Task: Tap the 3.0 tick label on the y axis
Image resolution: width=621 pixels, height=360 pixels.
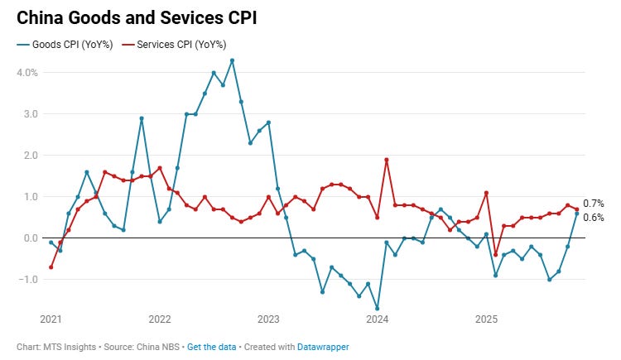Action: click(x=27, y=114)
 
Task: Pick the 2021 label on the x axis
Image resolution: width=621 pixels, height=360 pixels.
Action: click(x=51, y=319)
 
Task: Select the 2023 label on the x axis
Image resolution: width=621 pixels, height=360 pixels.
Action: click(x=268, y=319)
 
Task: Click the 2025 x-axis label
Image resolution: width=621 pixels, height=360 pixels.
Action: click(x=486, y=319)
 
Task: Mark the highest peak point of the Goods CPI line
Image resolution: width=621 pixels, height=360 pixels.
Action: click(x=232, y=60)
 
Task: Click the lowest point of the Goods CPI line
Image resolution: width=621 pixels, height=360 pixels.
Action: click(x=378, y=308)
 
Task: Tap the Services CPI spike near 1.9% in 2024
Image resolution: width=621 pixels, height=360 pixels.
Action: click(x=387, y=160)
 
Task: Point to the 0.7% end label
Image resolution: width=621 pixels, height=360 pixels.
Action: click(x=594, y=204)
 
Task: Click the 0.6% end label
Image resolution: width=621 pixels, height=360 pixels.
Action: click(x=594, y=218)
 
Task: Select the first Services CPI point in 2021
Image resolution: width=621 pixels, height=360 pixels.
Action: click(x=51, y=267)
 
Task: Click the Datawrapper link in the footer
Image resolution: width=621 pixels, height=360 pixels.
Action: click(x=323, y=347)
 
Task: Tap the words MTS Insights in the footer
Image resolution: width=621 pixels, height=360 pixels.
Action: click(x=65, y=347)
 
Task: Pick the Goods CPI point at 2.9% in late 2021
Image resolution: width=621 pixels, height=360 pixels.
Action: click(x=142, y=118)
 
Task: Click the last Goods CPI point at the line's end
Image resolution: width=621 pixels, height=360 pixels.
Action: click(x=577, y=214)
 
